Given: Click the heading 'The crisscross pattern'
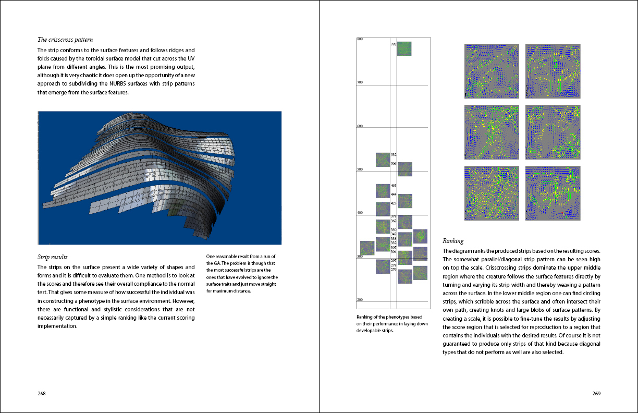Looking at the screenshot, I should (x=65, y=40).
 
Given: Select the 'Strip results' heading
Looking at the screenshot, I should (x=52, y=257).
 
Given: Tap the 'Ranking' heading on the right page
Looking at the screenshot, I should (x=452, y=241).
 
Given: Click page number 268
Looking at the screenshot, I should (x=42, y=393).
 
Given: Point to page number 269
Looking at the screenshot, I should (x=596, y=393).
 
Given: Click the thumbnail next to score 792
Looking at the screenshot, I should (x=404, y=48).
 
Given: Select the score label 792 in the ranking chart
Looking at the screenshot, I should (x=394, y=45).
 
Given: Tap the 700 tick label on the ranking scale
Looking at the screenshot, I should (x=360, y=82).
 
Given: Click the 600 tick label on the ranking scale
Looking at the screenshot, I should (x=360, y=126).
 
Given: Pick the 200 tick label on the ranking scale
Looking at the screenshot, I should (x=360, y=300).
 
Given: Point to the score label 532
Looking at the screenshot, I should (x=394, y=155).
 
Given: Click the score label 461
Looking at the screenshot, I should (x=394, y=186).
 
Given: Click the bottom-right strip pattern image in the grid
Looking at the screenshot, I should (x=553, y=193).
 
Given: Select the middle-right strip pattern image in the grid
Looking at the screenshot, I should (x=553, y=132).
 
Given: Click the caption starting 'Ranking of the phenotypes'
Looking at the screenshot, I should (x=390, y=323).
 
